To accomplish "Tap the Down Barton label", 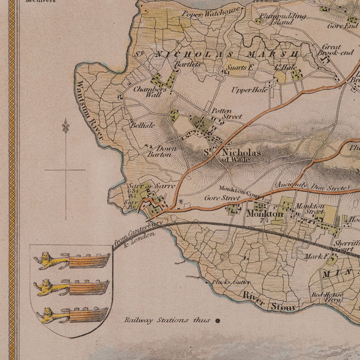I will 158,151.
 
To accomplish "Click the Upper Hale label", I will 250,90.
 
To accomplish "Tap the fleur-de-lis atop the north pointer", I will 65,126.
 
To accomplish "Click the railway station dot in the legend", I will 218,321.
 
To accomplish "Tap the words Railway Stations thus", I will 167,321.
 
